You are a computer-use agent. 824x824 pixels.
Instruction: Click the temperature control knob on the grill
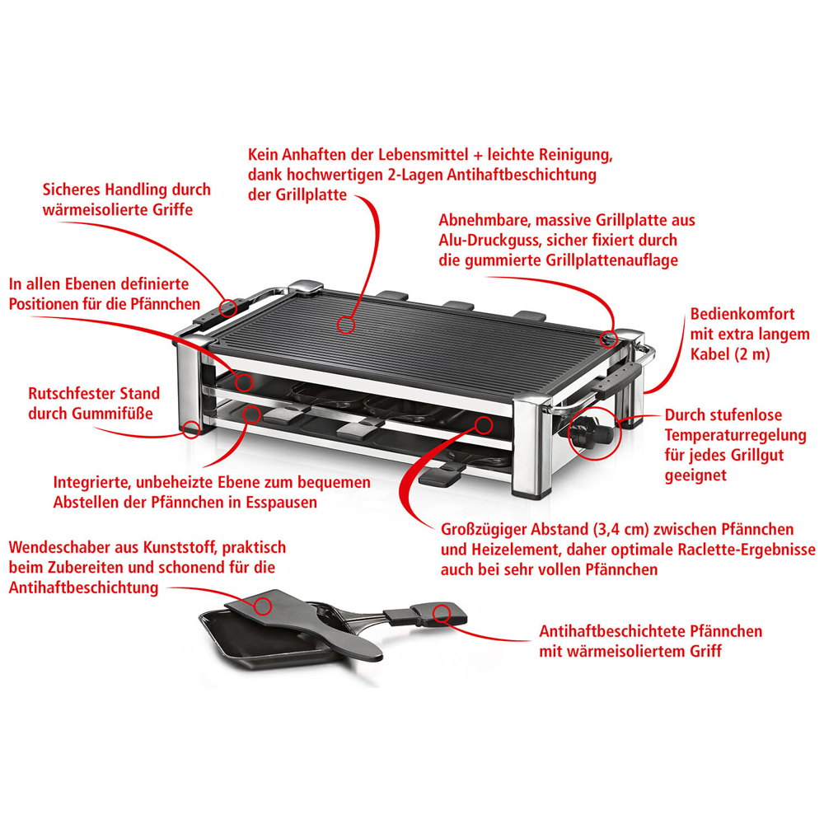(x=591, y=431)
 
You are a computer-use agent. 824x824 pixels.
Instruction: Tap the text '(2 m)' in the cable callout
(x=751, y=354)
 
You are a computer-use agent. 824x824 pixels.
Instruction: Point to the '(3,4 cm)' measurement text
(x=620, y=529)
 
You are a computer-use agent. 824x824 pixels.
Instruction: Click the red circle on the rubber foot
(x=191, y=428)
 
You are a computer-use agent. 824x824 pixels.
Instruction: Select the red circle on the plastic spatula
(x=263, y=606)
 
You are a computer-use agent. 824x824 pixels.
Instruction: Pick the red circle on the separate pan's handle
(x=442, y=613)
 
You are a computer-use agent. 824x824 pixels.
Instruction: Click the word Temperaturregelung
(x=735, y=436)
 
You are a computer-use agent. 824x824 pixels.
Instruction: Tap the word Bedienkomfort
(x=742, y=314)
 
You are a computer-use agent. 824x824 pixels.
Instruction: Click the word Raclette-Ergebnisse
(x=747, y=550)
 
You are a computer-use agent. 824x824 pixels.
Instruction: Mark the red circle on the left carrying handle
(x=228, y=308)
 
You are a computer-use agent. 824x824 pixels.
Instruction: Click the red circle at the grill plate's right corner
(x=609, y=339)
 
